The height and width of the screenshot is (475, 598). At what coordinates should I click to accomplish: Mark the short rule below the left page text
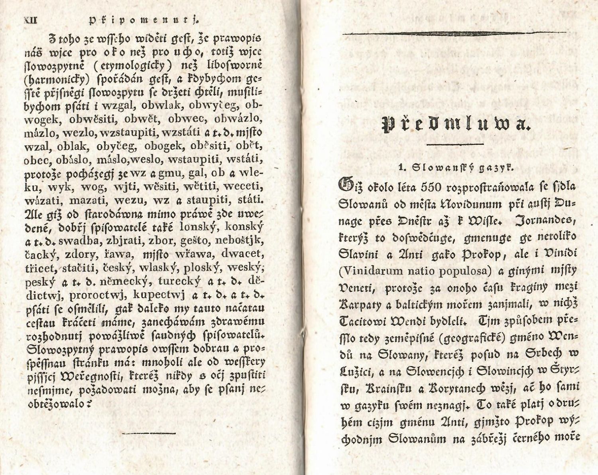pyautogui.click(x=148, y=433)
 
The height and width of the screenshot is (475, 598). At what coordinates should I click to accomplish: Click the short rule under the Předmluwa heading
pyautogui.click(x=455, y=144)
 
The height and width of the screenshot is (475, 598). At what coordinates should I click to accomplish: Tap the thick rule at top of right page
pyautogui.click(x=454, y=33)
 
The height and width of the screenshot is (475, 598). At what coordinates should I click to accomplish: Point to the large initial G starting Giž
pyautogui.click(x=345, y=185)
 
